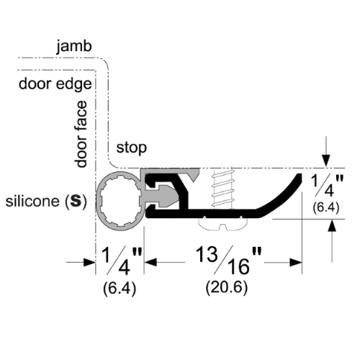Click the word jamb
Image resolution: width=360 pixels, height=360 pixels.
click(74, 46)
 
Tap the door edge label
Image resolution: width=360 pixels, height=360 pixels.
click(55, 84)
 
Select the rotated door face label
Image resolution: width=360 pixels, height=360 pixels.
click(81, 134)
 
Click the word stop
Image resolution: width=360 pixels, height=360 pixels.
click(131, 148)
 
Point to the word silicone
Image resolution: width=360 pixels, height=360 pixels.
click(32, 201)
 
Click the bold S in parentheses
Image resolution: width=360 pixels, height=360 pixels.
click(76, 201)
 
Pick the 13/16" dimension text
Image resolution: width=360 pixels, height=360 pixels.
click(228, 261)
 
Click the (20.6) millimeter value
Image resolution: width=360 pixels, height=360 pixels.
click(227, 287)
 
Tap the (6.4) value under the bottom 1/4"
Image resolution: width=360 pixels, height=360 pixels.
click(120, 288)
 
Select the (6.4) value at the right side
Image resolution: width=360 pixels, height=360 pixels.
click(326, 207)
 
